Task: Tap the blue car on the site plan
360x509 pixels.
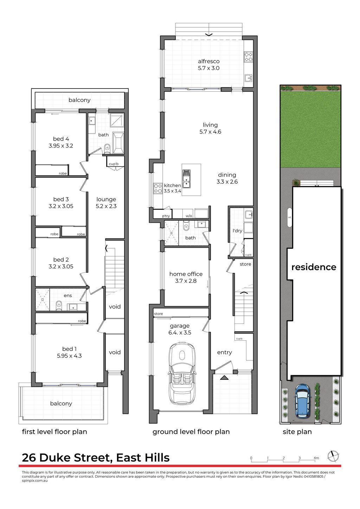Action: [x=302, y=400]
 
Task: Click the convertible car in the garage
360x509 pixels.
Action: [x=182, y=373]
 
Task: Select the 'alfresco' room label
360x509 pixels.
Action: [x=208, y=61]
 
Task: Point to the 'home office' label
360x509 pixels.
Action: [x=186, y=274]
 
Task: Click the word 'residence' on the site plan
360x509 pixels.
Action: [x=314, y=267]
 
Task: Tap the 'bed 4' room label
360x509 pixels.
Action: [x=61, y=139]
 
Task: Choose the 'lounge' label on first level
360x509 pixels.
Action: [x=106, y=199]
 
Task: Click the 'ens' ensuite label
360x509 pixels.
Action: [x=68, y=296]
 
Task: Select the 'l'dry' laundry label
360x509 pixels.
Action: [x=238, y=231]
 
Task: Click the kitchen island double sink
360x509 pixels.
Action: [x=186, y=178]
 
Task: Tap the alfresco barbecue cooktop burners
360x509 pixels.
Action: [x=249, y=57]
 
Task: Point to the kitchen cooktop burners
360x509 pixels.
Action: [x=157, y=188]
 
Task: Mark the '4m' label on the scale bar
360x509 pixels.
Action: [x=316, y=458]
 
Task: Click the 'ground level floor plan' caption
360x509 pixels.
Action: [x=191, y=432]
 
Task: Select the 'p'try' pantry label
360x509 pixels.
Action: [x=166, y=216]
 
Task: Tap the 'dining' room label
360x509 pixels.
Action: [x=227, y=175]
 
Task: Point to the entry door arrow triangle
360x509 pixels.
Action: [x=224, y=378]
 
